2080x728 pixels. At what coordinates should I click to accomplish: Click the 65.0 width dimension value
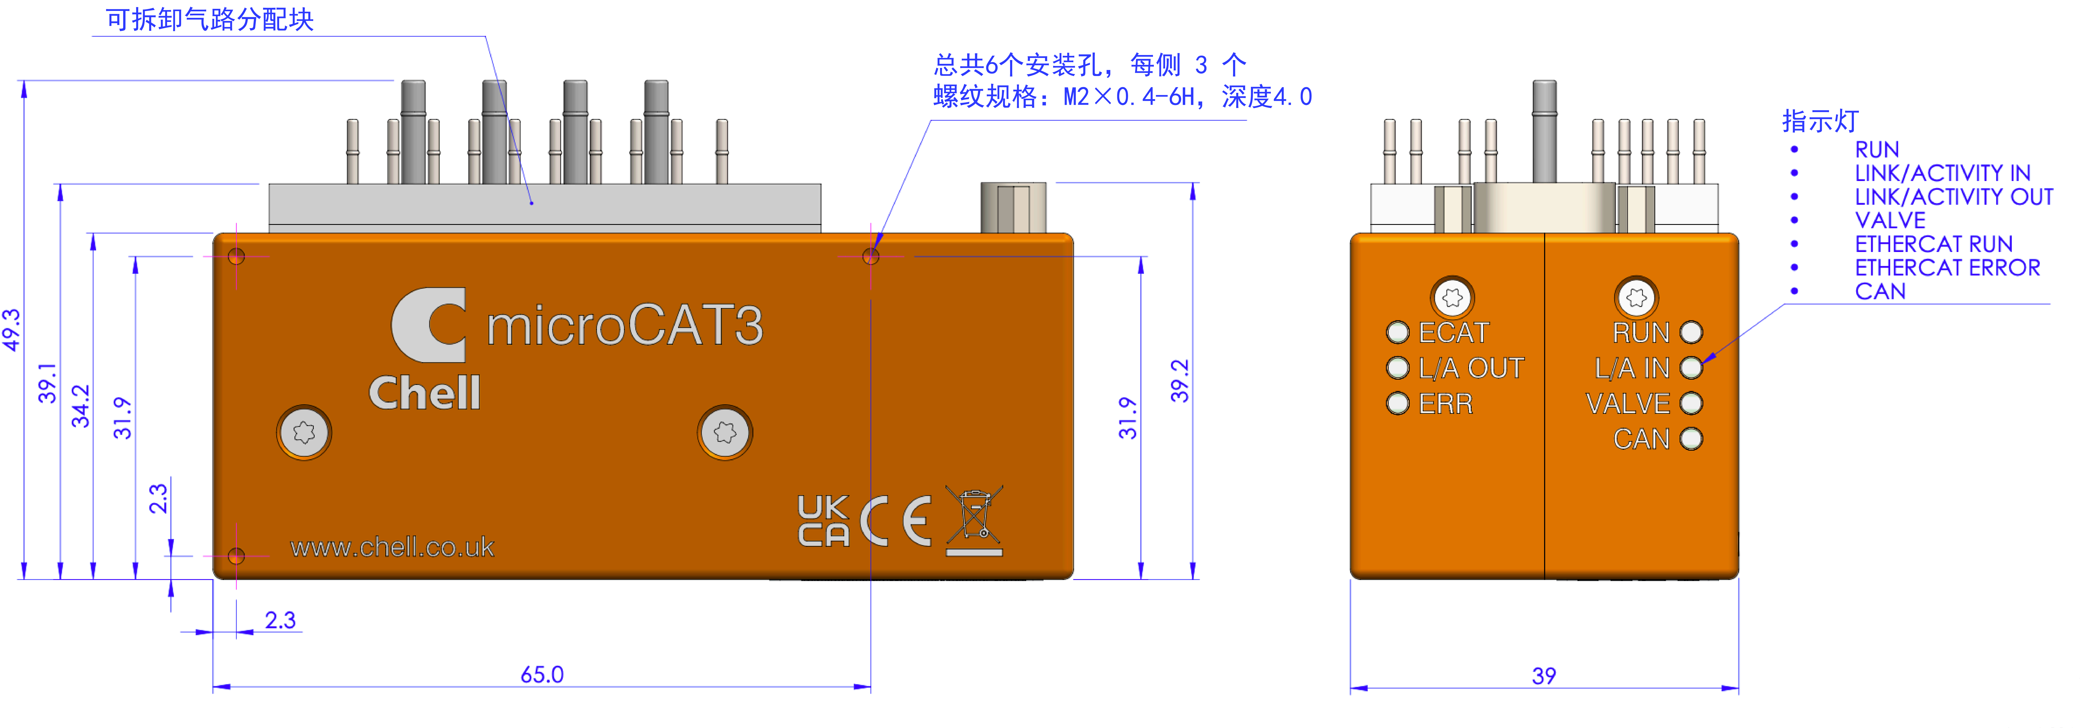point(542,674)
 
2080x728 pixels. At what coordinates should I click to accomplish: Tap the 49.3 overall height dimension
point(11,330)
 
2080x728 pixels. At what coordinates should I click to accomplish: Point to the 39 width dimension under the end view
point(1544,676)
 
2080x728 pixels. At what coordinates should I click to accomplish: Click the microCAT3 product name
point(624,326)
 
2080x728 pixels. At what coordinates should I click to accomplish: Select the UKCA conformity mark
point(823,521)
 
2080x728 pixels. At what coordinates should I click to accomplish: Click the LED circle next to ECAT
point(1398,332)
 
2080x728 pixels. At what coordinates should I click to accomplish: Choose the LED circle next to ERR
point(1398,403)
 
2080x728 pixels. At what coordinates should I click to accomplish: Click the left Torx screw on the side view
point(304,432)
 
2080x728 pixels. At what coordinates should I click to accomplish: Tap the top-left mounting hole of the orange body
point(236,256)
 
